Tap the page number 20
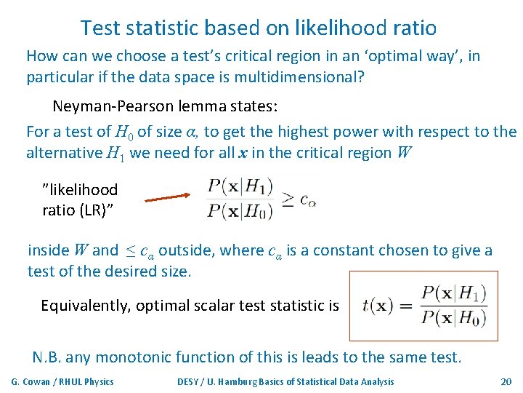point(506,381)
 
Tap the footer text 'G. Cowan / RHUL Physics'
point(62,381)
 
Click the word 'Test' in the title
point(100,28)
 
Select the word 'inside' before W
point(47,250)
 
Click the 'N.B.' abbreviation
point(48,357)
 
